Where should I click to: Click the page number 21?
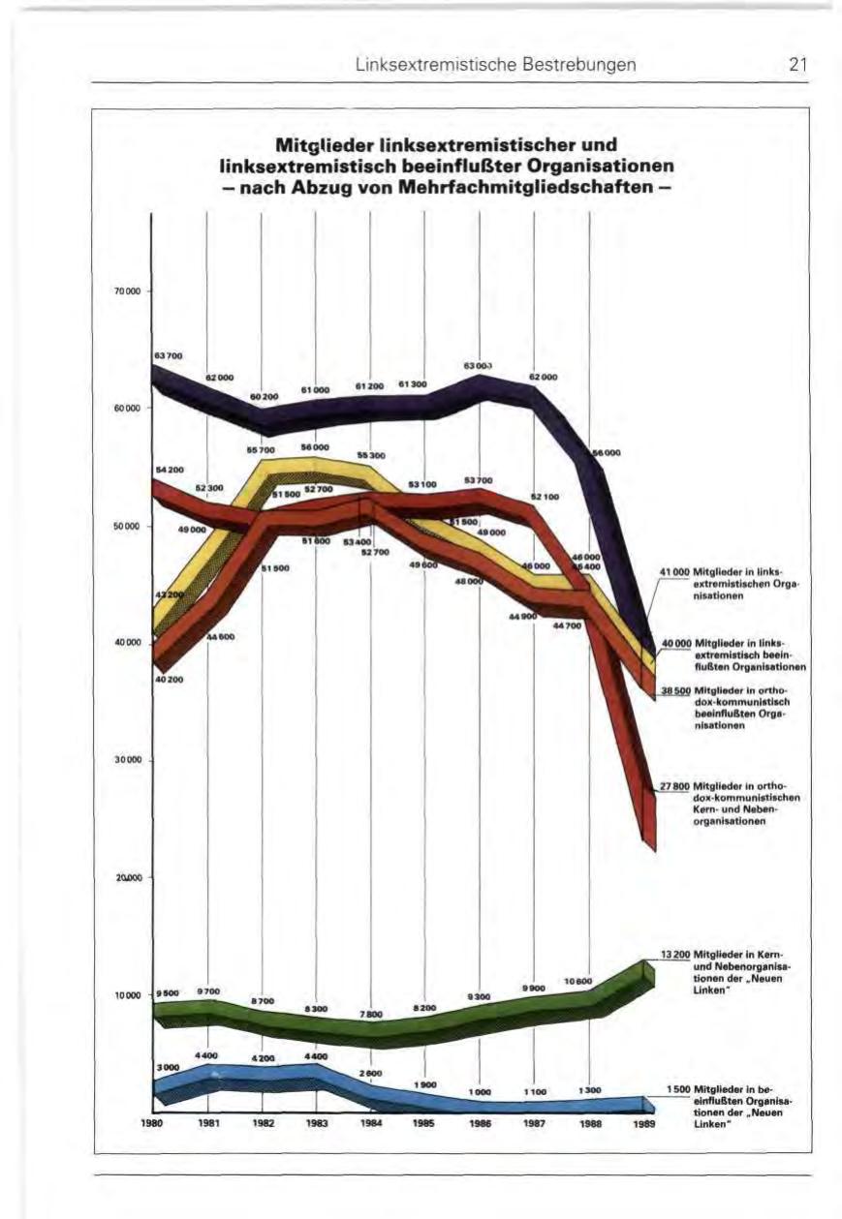point(797,66)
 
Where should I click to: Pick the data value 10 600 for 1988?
point(578,981)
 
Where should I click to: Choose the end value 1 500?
point(677,1089)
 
